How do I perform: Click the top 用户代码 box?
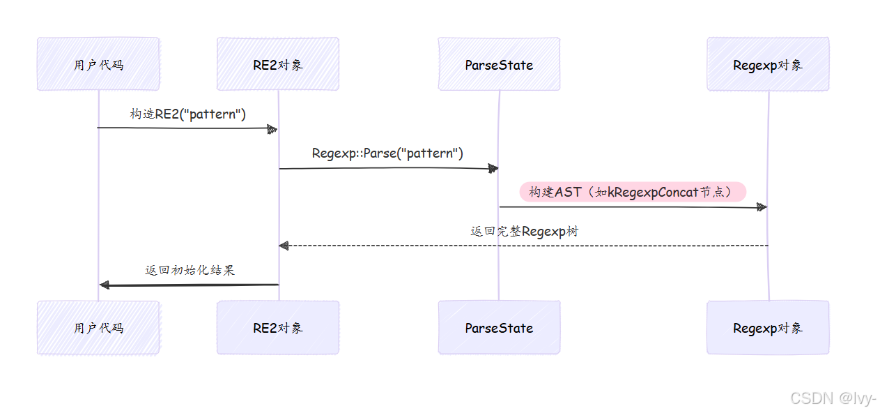pyautogui.click(x=98, y=64)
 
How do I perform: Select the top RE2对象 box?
pyautogui.click(x=277, y=64)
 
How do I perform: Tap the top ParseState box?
pyautogui.click(x=499, y=64)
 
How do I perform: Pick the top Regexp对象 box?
pyautogui.click(x=768, y=64)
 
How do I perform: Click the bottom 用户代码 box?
pyautogui.click(x=98, y=327)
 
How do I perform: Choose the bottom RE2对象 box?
pyautogui.click(x=277, y=327)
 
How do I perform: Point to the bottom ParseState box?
pyautogui.click(x=499, y=327)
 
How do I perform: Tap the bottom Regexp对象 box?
pyautogui.click(x=768, y=327)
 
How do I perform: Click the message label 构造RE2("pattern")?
pyautogui.click(x=188, y=113)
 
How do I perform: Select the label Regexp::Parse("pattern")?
pyautogui.click(x=387, y=153)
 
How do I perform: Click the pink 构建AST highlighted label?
pyautogui.click(x=633, y=192)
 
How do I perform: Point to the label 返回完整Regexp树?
pyautogui.click(x=524, y=232)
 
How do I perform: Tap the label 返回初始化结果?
pyautogui.click(x=190, y=270)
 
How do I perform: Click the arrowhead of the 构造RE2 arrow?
pyautogui.click(x=272, y=128)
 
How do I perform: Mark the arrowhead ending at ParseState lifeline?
pyautogui.click(x=493, y=168)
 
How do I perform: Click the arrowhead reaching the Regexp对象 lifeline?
pyautogui.click(x=762, y=207)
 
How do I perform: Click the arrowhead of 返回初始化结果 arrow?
pyautogui.click(x=105, y=285)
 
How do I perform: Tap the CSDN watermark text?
pyautogui.click(x=832, y=398)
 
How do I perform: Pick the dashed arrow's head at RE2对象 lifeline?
pyautogui.click(x=284, y=246)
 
